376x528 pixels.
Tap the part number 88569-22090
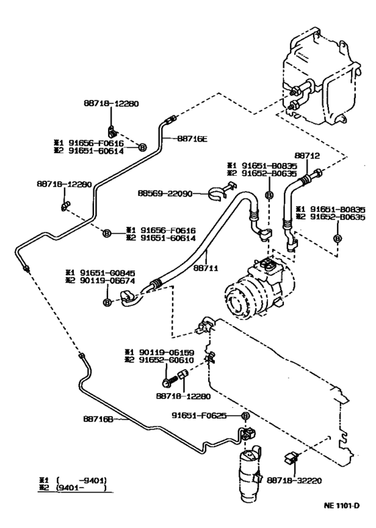click(165, 193)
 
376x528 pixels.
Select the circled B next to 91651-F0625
click(245, 416)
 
